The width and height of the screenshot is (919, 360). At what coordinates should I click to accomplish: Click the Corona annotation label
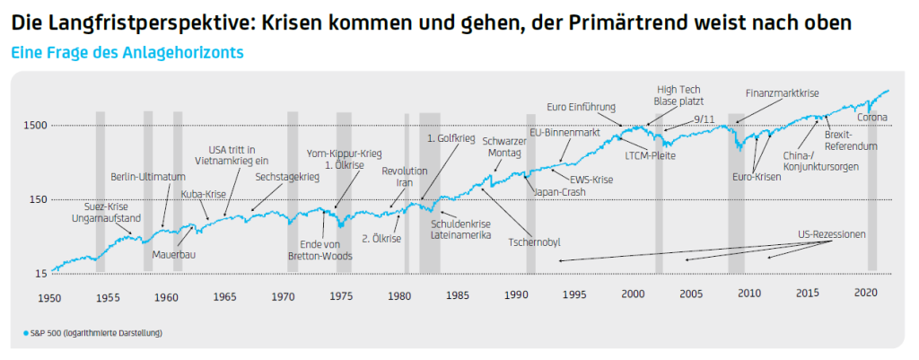pos(873,118)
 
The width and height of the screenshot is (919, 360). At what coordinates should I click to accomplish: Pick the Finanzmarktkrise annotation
pos(783,92)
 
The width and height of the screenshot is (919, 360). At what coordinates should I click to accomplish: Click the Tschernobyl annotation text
pos(536,241)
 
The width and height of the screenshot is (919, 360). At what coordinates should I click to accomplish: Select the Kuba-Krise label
pos(204,193)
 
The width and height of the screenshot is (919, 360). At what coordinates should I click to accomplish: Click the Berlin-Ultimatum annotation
pos(148,176)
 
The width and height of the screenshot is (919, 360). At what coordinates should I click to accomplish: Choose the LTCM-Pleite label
pos(650,155)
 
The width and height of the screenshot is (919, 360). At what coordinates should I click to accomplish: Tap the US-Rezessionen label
pos(831,234)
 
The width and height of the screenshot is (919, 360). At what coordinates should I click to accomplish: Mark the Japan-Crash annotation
pos(560,191)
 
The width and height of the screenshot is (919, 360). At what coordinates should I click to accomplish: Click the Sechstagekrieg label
pos(287,177)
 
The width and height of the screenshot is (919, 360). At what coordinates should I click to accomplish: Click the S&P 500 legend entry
pos(93,333)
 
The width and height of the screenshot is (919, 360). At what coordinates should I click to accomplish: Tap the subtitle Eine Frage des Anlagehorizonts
pos(127,52)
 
